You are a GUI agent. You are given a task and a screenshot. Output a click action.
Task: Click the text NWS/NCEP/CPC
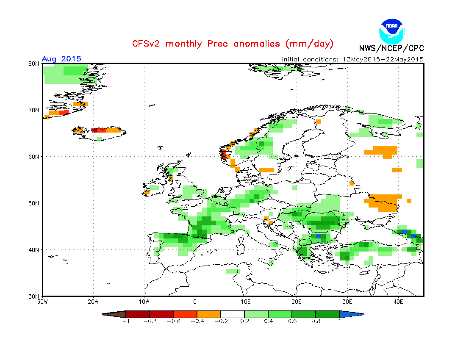pyautogui.click(x=391, y=48)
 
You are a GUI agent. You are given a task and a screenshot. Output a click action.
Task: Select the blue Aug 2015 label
pyautogui.click(x=61, y=59)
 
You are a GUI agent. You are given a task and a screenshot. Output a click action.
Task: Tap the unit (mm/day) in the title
pyautogui.click(x=310, y=44)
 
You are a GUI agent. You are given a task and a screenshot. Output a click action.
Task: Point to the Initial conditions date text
pyautogui.click(x=352, y=59)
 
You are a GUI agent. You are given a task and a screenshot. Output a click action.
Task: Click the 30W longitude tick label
pyautogui.click(x=42, y=302)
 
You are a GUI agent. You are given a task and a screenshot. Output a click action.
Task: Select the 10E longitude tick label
pyautogui.click(x=246, y=302)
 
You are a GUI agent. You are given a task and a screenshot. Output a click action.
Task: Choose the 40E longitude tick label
pyautogui.click(x=398, y=302)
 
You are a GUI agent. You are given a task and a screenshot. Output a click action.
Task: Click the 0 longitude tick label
pyautogui.click(x=195, y=302)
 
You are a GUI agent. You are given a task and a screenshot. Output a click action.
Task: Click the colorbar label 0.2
pyautogui.click(x=244, y=321)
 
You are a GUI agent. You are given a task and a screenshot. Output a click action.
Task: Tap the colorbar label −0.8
pyautogui.click(x=150, y=321)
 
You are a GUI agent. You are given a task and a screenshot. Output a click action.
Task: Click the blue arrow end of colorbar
pyautogui.click(x=351, y=314)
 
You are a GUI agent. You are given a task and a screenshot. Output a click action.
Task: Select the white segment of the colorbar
pyautogui.click(x=233, y=314)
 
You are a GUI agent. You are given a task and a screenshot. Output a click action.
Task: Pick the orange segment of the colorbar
pyautogui.click(x=209, y=314)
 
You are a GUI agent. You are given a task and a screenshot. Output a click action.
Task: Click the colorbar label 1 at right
pyautogui.click(x=339, y=321)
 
